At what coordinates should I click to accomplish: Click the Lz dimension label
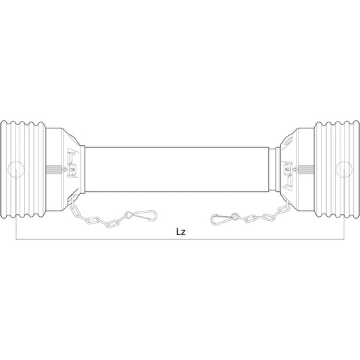pos(180,231)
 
